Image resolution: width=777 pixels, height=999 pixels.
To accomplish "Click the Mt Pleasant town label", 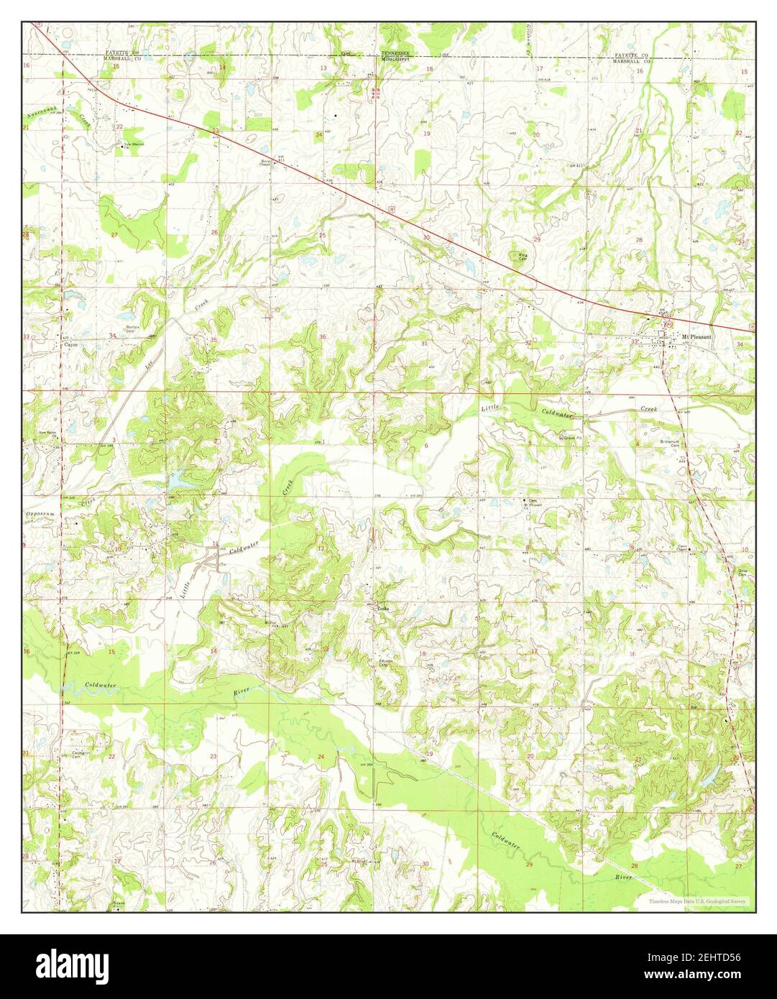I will point(696,336).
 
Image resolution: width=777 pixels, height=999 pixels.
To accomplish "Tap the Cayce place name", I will point(70,344).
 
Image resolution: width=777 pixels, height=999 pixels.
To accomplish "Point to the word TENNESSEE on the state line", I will point(395,55).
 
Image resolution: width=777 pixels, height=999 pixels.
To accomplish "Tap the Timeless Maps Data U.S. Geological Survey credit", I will point(696,901).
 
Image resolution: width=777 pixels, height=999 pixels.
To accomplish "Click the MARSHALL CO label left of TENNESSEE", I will point(121,60).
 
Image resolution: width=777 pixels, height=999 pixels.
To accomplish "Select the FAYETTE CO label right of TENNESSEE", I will point(631,55).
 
